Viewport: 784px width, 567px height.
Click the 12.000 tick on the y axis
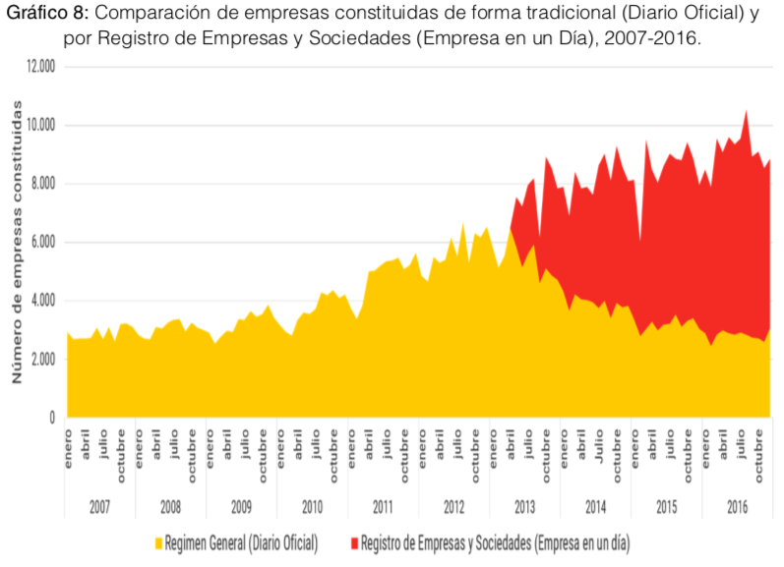pos(40,67)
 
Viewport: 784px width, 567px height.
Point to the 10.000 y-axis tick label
pos(40,126)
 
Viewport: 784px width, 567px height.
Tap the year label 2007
pos(99,507)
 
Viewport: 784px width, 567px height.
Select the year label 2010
pos(312,507)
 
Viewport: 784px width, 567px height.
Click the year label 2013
pos(524,507)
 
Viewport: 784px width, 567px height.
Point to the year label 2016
pos(737,507)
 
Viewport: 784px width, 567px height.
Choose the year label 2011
pos(383,507)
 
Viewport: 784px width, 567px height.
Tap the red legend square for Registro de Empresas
pos(353,541)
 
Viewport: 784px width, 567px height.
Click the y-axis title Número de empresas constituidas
pos(17,246)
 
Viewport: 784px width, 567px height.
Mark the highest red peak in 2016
pos(747,111)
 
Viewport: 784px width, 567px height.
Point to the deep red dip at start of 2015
pos(640,239)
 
